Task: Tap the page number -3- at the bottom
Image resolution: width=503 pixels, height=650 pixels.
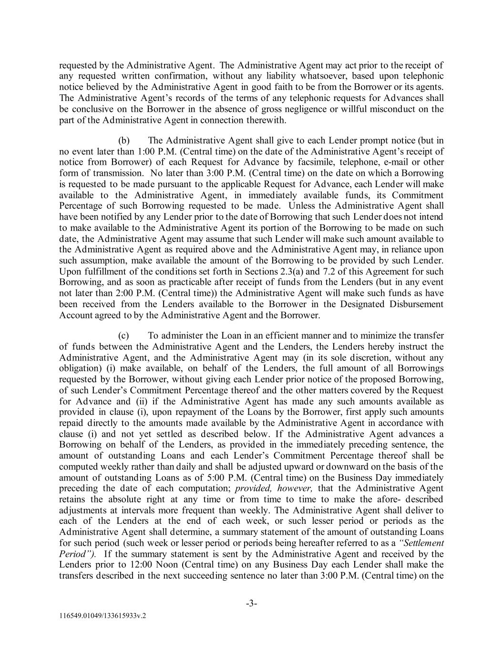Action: (252, 604)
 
